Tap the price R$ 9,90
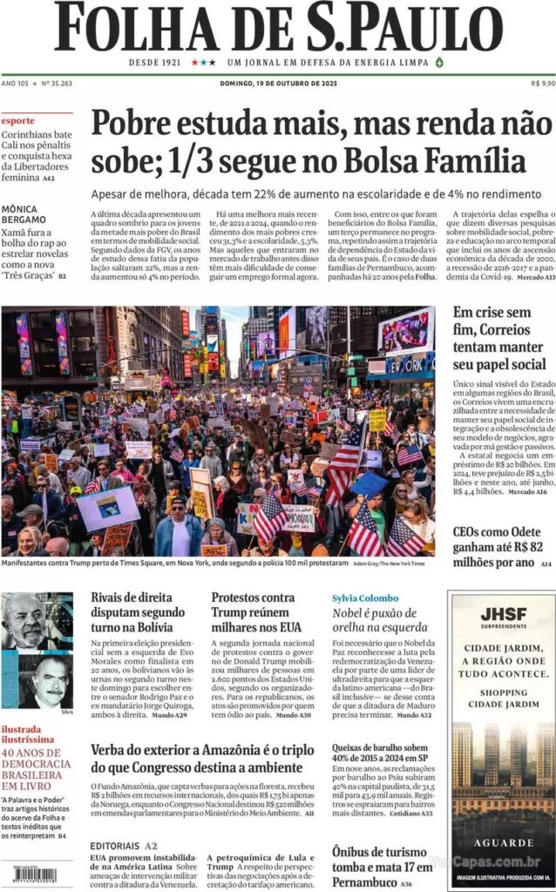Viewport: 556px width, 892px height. [542, 84]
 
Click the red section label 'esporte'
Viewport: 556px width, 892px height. [18, 120]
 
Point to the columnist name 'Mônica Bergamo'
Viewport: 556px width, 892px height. [24, 214]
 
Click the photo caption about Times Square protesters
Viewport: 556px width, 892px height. [174, 564]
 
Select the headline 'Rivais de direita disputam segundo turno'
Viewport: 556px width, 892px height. [138, 613]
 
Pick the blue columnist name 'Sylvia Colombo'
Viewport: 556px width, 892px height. [365, 598]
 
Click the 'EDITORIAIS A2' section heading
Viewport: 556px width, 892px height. [124, 845]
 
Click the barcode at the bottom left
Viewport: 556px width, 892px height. [28, 875]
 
